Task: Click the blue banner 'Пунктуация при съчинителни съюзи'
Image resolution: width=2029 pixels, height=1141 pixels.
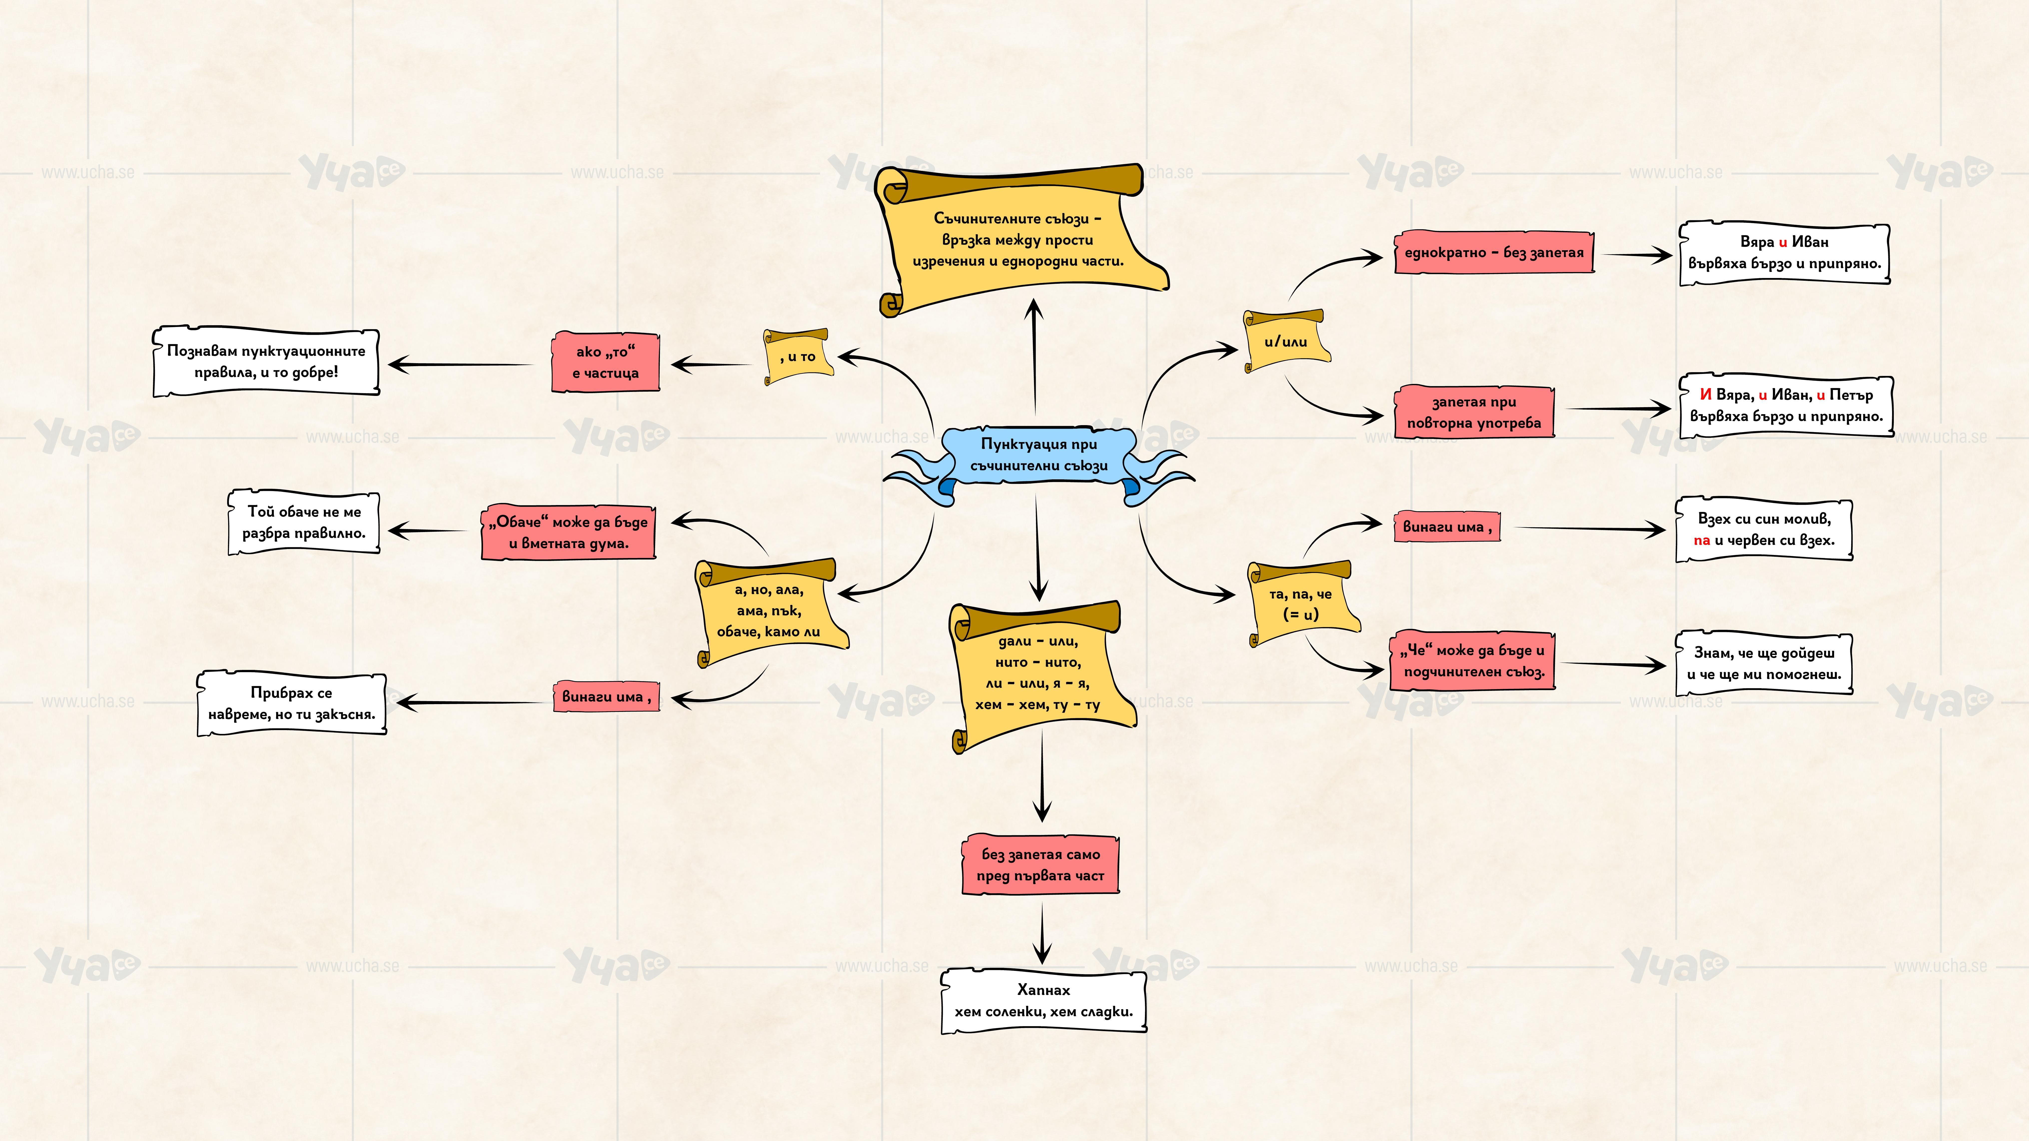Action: [1038, 455]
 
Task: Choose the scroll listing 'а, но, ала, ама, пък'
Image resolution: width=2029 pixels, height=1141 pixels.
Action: [769, 610]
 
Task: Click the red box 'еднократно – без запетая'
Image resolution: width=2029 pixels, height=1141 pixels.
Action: [1494, 253]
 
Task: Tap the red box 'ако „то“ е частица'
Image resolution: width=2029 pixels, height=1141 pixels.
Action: [605, 362]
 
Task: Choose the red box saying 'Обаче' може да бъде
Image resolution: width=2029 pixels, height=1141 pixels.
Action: [568, 532]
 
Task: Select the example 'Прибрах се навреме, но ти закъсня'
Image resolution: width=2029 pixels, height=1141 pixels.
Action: [291, 703]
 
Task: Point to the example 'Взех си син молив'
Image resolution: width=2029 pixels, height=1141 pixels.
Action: [1764, 529]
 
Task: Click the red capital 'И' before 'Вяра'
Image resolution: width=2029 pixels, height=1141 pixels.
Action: [1705, 394]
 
